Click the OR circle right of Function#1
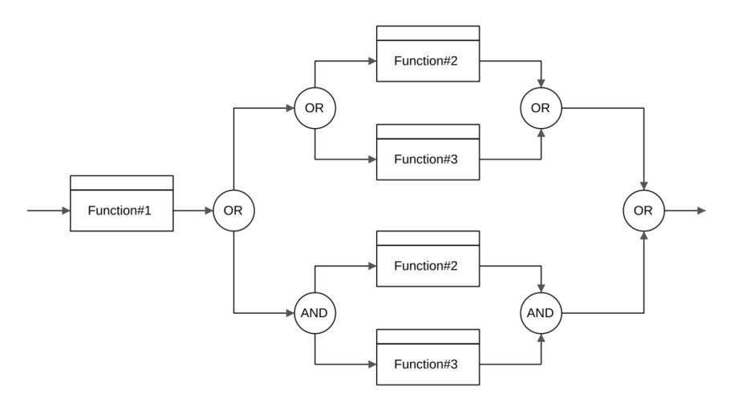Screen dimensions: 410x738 [233, 211]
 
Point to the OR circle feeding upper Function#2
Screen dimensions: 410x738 [314, 108]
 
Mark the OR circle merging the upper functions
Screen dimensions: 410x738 [541, 108]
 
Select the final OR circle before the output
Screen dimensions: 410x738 [644, 211]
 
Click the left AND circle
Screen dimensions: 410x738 [314, 313]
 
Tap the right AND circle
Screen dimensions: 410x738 [541, 313]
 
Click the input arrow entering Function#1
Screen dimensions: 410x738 [48, 211]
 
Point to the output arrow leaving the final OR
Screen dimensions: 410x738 [686, 211]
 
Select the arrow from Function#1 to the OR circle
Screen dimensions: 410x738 [193, 211]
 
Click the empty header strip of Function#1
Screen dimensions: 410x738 [122, 183]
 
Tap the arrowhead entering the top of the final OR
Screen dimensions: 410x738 [644, 187]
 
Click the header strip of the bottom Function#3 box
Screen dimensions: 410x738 [428, 336]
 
